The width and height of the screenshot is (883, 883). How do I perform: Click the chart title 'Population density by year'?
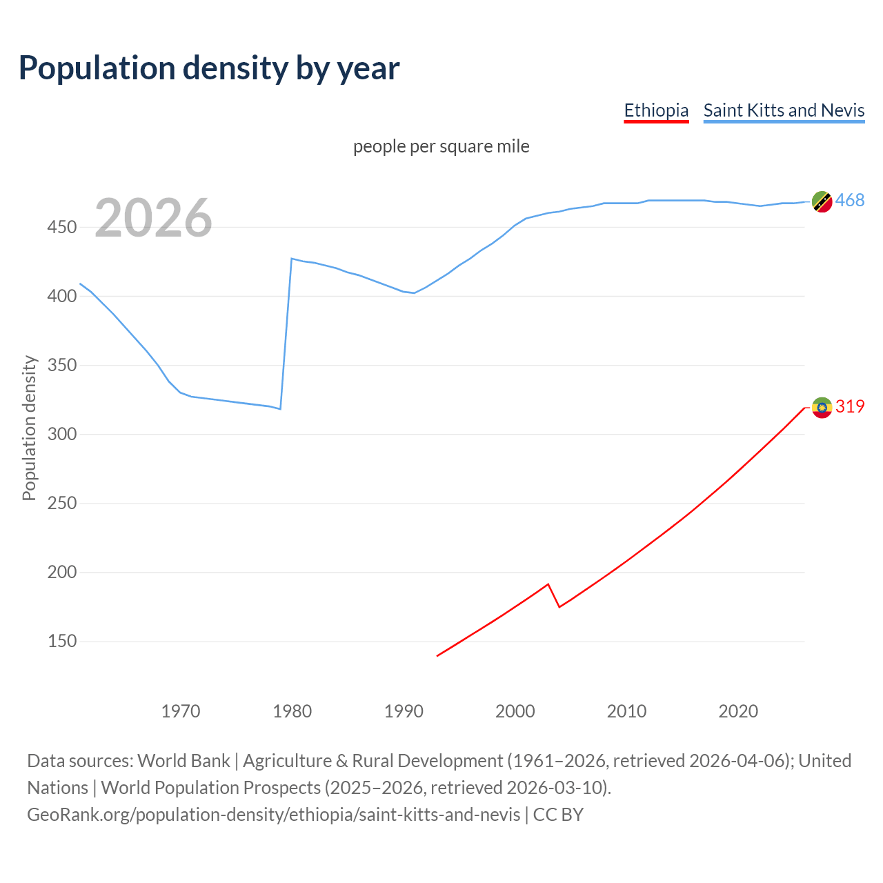(209, 68)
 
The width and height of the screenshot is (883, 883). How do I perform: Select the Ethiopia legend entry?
(656, 110)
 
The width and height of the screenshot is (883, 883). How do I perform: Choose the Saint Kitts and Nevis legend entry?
(784, 110)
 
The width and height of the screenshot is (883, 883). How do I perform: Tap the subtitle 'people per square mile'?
(441, 147)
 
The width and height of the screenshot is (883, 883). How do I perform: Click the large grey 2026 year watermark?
(153, 218)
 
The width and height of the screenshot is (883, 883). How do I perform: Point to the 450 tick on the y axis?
(61, 227)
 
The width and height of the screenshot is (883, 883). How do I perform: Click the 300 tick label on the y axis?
(61, 434)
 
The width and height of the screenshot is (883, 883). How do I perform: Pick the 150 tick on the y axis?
(61, 641)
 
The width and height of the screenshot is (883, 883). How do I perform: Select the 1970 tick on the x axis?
(181, 711)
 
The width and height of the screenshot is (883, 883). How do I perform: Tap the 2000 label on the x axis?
(515, 711)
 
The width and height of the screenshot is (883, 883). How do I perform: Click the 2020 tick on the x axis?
(738, 711)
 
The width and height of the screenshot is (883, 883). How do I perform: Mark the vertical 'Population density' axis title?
(29, 428)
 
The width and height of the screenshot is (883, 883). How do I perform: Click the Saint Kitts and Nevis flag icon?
(822, 201)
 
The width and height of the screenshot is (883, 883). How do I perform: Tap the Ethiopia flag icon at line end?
(822, 408)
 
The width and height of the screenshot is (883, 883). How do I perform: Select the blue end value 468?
(850, 201)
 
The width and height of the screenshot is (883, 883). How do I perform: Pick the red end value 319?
(850, 407)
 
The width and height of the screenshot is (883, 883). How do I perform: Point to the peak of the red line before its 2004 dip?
(548, 584)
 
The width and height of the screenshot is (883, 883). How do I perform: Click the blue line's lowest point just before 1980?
(280, 409)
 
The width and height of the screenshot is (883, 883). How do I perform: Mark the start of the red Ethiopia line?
(437, 655)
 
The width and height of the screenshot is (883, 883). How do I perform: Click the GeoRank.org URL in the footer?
(274, 815)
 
